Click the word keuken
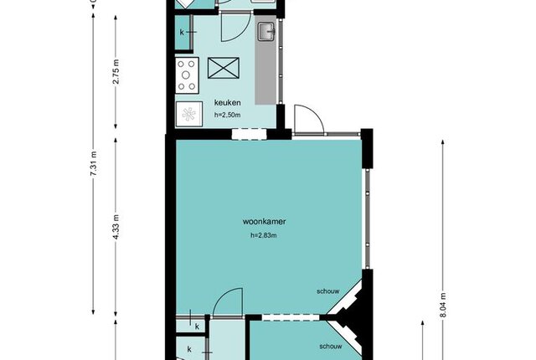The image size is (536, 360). (x=227, y=102)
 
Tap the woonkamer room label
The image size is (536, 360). (x=265, y=221)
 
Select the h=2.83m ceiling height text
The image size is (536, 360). (x=264, y=235)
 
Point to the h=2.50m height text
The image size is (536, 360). (x=227, y=115)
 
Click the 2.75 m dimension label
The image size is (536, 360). (x=116, y=72)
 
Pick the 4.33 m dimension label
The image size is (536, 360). (x=116, y=227)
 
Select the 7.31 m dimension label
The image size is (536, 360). (x=94, y=163)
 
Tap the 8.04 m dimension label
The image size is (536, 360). (x=443, y=305)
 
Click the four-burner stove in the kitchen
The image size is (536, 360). (x=187, y=75)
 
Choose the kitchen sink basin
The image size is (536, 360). (x=266, y=32)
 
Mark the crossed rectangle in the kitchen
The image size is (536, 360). (x=224, y=68)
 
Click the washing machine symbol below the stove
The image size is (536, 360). (x=187, y=115)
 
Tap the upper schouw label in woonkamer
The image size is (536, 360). (x=328, y=291)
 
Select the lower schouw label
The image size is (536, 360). (x=331, y=347)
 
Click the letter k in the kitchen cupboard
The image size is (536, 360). (x=182, y=33)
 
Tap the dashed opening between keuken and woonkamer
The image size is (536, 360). (x=250, y=134)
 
